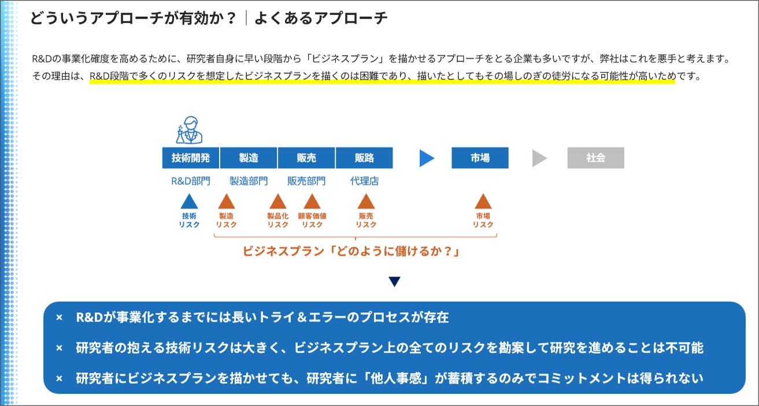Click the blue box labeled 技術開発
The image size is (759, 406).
[191, 158]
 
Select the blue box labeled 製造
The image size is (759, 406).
[249, 158]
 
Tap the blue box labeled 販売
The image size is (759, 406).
[306, 158]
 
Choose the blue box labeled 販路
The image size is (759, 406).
[364, 158]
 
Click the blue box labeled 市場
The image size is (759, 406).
[480, 158]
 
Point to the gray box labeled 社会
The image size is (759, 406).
[595, 158]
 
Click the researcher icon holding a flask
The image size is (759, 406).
[190, 130]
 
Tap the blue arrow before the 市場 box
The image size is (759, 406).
[427, 158]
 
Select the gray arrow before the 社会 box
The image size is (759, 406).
[539, 158]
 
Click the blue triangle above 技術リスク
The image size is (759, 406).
[190, 202]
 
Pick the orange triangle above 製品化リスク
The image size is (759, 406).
[278, 202]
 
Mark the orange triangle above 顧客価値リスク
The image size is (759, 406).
[312, 202]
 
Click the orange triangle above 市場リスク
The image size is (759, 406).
[483, 202]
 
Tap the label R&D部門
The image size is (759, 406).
[191, 181]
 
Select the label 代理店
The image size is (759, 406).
[364, 181]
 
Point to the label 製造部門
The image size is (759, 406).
[249, 181]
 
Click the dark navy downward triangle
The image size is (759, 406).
[394, 282]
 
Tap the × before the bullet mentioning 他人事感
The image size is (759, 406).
[59, 379]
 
